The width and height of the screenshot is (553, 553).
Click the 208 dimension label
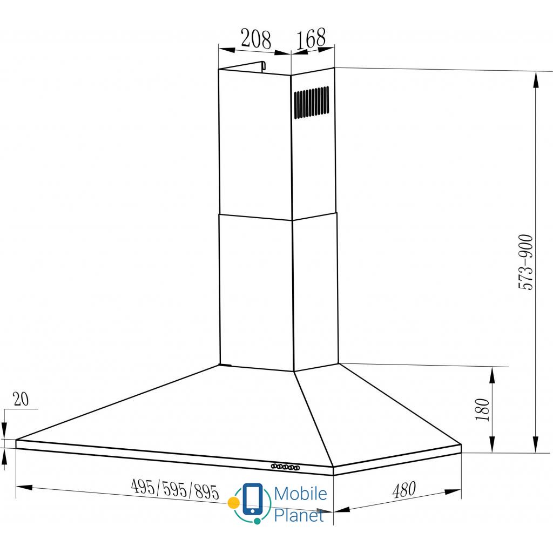(255, 39)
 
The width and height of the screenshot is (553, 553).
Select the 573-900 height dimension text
(525, 262)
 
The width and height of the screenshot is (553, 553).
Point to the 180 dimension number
(483, 409)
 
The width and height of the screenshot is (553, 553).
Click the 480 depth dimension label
(403, 490)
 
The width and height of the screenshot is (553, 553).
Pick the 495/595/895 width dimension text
(176, 489)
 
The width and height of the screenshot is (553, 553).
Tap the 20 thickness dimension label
(21, 399)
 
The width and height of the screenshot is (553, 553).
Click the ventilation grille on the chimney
(311, 102)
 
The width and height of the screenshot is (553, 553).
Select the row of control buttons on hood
(285, 467)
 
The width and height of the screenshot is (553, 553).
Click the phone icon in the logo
(253, 499)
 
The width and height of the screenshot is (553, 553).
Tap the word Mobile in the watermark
(300, 494)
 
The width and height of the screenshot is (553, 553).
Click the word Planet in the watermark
(299, 515)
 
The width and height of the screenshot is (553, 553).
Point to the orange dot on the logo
(234, 502)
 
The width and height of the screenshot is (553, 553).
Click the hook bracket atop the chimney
(262, 65)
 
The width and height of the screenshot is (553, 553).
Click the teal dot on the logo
(258, 521)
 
